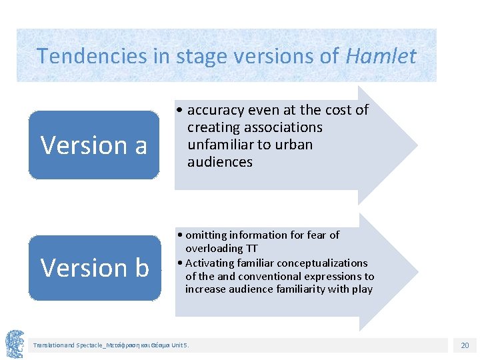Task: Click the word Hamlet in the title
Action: (381, 56)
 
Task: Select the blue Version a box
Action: (94, 145)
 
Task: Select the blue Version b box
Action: (95, 267)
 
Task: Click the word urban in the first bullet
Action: (294, 145)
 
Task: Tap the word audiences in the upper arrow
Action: (220, 162)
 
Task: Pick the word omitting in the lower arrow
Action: (205, 235)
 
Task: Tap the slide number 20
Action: (465, 345)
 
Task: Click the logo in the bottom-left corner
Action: (15, 343)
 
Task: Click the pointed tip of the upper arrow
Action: (416, 145)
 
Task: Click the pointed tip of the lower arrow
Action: (416, 271)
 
